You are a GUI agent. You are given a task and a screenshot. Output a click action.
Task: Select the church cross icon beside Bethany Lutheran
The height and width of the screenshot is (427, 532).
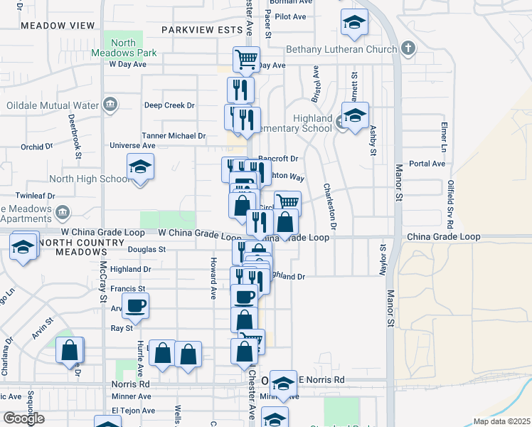(408, 48)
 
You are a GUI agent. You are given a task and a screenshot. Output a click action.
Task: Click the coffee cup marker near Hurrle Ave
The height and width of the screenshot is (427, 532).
(135, 306)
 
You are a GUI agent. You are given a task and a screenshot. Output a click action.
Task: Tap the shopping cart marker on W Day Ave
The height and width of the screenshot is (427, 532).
(246, 60)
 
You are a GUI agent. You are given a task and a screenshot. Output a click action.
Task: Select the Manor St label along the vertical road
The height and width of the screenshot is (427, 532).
(390, 307)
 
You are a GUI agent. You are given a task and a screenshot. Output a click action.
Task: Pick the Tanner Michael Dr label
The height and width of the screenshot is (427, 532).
(174, 135)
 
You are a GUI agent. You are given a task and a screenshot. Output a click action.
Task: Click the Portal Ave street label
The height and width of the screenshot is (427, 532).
(427, 163)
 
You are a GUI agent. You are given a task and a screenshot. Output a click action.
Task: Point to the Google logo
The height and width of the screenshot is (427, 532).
(23, 418)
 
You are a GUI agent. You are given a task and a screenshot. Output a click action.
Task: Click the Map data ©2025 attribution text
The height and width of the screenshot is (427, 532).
(501, 421)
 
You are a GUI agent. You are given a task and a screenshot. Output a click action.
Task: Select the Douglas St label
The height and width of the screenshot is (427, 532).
(147, 250)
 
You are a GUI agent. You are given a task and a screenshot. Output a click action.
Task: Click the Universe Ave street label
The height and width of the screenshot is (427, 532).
(132, 145)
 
